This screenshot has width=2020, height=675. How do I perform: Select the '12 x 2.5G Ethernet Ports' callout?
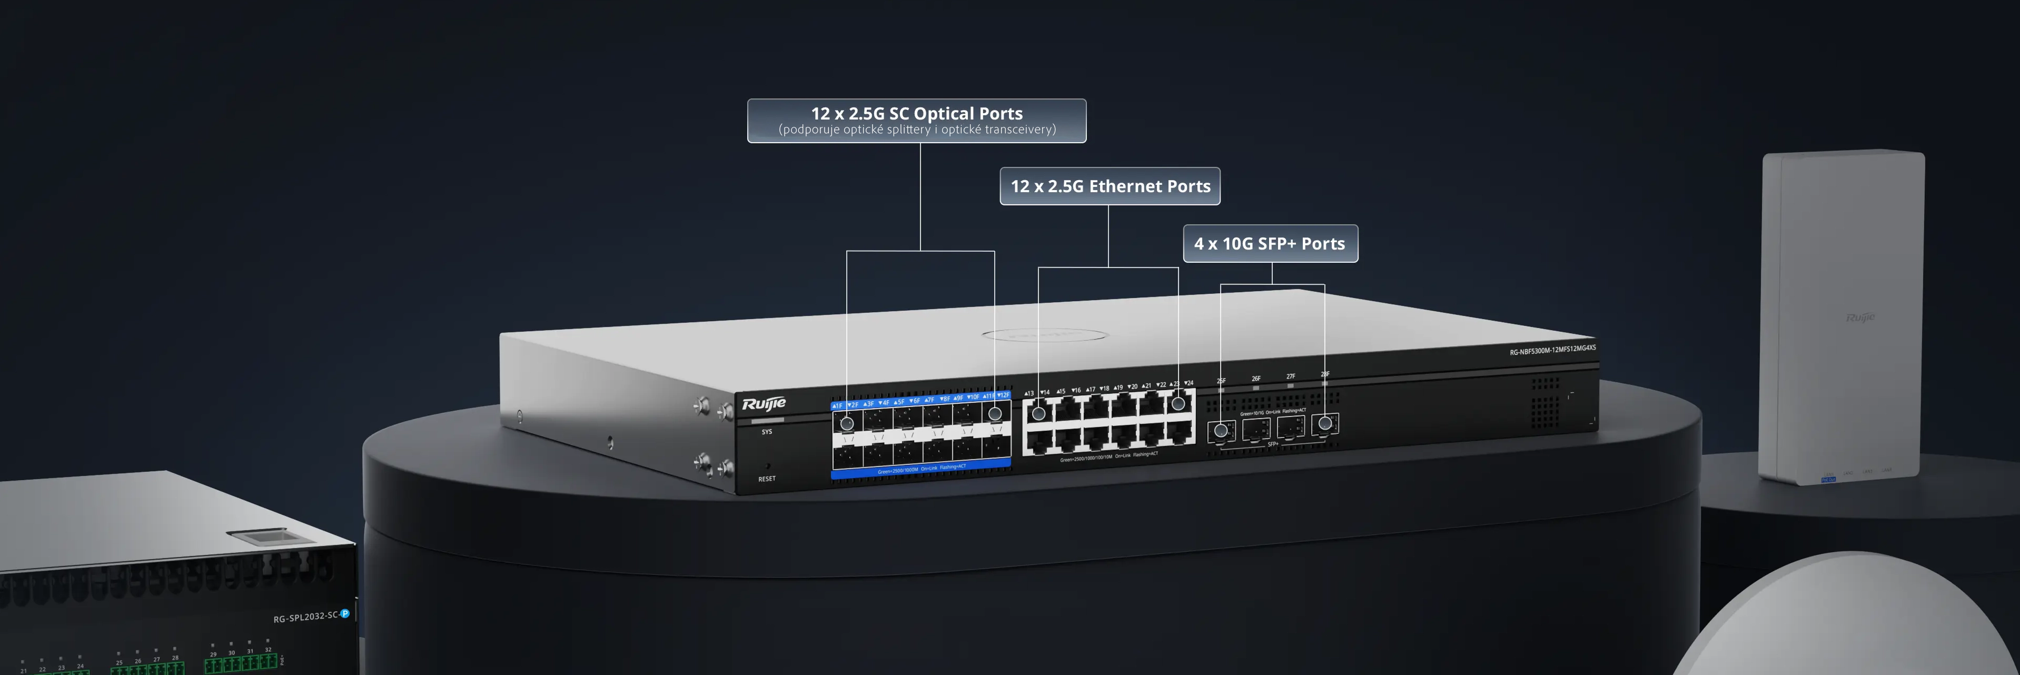coord(1110,186)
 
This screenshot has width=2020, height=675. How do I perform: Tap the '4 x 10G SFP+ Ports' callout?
coord(1270,244)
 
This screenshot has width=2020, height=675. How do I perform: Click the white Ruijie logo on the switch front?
coord(764,404)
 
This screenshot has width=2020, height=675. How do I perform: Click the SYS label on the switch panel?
coord(766,432)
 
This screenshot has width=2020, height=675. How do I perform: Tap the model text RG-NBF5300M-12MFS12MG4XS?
coord(1552,350)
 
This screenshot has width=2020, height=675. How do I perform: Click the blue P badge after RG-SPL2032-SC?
coord(344,613)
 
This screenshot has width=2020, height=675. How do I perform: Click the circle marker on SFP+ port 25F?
coord(1221,430)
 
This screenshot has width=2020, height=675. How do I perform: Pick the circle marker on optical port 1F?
coord(847,423)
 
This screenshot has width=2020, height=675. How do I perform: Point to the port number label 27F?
coord(1291,376)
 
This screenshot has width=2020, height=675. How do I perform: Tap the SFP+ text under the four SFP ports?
coord(1273,444)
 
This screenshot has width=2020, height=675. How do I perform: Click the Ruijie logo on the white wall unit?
coord(1860,317)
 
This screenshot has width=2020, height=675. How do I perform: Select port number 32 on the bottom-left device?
coord(268,650)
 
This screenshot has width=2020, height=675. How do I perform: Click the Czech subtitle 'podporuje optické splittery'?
coord(917,130)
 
